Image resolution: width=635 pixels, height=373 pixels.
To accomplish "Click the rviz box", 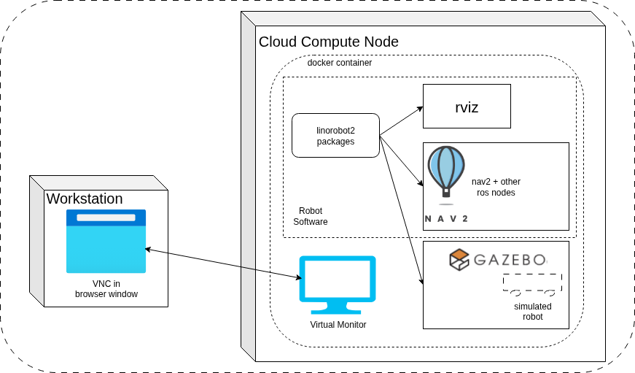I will (x=467, y=107).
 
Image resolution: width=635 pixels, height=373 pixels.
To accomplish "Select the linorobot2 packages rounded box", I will (x=335, y=136).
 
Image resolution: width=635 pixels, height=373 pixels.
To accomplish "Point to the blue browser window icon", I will (x=106, y=241).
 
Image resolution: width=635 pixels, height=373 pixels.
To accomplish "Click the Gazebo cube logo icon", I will (x=459, y=259).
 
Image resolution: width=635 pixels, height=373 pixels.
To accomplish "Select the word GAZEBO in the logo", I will (x=510, y=260).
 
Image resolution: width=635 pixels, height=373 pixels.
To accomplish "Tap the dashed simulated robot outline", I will (x=531, y=283).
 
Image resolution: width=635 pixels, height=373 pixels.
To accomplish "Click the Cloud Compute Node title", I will (x=329, y=42).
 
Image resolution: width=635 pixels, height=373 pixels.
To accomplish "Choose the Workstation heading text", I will (x=85, y=199).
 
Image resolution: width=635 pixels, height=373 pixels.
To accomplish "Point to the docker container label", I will (x=340, y=63).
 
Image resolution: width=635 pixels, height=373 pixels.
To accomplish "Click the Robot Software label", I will (x=311, y=216).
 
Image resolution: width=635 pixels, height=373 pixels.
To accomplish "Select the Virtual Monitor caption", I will (x=338, y=325).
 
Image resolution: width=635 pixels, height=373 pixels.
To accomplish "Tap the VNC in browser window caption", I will (x=106, y=289).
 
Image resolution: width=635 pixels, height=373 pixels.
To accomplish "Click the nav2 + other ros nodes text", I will (x=496, y=187).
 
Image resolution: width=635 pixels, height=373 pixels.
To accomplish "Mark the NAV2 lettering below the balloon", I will (x=446, y=218).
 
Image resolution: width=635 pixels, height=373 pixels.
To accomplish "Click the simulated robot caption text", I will (x=532, y=312).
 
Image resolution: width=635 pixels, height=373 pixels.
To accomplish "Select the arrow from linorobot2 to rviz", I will (x=402, y=121).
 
